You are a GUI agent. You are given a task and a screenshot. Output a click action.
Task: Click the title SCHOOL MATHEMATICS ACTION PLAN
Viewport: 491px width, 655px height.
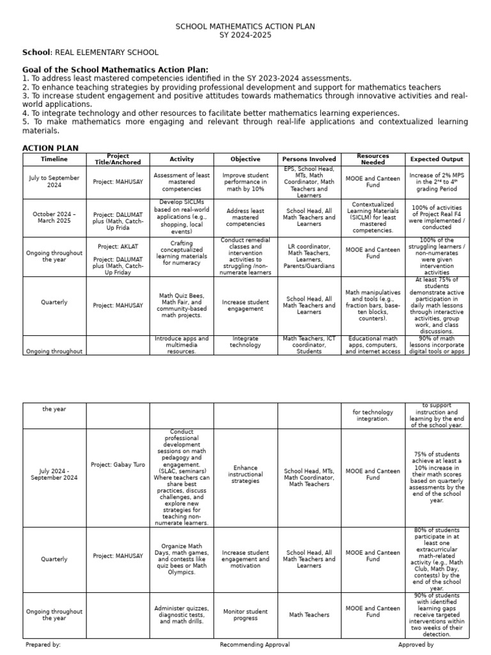tap(245, 26)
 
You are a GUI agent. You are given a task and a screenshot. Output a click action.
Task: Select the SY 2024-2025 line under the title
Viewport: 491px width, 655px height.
tap(245, 35)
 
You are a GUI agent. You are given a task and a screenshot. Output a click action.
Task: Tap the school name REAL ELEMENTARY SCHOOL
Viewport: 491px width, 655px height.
tap(107, 52)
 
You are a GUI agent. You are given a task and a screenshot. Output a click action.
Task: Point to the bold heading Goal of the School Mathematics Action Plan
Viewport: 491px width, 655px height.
tap(115, 70)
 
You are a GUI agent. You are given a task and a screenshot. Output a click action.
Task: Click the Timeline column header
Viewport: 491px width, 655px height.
tap(54, 159)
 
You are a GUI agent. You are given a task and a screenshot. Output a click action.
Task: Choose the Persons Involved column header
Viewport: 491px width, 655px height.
tap(309, 159)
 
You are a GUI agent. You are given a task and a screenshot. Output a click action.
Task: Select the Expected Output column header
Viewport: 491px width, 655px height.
tap(437, 159)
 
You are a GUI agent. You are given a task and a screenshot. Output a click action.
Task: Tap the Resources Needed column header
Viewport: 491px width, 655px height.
tap(373, 159)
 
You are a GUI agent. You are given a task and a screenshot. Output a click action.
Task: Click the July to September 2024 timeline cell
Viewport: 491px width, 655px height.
tap(54, 181)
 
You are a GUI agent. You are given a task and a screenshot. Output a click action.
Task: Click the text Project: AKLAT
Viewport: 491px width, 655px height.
tap(118, 246)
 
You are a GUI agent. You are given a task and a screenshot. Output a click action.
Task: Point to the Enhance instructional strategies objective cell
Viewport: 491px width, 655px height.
tap(245, 474)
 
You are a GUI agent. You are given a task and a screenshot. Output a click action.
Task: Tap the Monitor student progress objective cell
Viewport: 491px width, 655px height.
tap(245, 615)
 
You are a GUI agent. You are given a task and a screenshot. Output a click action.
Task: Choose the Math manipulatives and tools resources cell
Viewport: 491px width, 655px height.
tap(373, 306)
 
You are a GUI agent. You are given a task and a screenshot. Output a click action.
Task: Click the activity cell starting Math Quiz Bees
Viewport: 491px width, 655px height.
tap(182, 306)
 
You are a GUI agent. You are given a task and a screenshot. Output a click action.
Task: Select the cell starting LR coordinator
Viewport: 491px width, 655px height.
tap(309, 256)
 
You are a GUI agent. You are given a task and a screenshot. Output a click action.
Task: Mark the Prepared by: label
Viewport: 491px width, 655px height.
tap(43, 645)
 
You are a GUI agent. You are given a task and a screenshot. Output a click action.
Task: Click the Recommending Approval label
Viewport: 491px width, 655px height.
tap(254, 645)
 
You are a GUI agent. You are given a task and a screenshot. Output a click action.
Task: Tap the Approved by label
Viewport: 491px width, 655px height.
tap(416, 645)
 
